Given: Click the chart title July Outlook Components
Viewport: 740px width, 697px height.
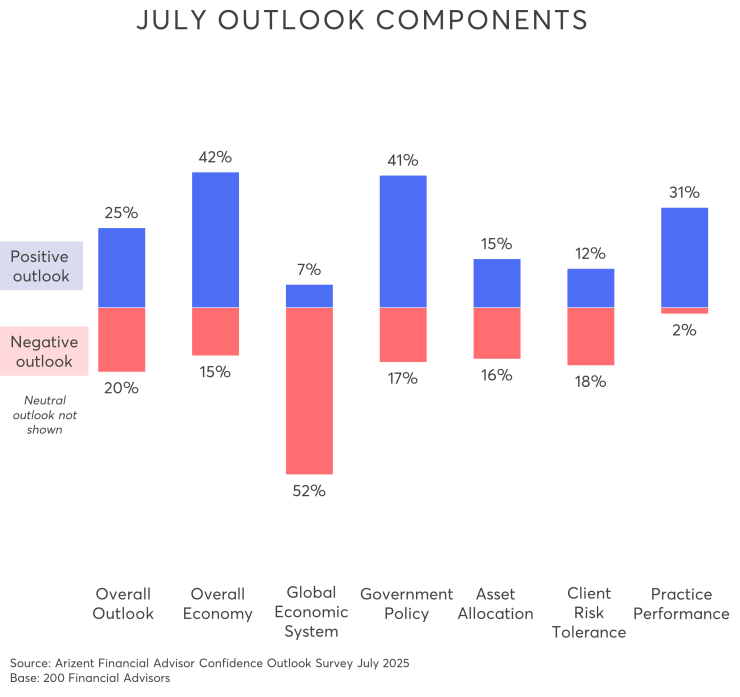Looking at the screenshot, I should (x=361, y=21).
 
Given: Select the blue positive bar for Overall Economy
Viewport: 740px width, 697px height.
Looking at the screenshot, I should (x=216, y=239).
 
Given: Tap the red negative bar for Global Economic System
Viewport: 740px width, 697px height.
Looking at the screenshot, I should (x=309, y=390).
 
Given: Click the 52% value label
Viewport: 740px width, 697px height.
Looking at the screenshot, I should (x=309, y=491).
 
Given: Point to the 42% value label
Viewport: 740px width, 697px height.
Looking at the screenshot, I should (x=216, y=157).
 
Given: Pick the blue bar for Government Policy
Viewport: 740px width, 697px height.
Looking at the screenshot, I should (x=403, y=241).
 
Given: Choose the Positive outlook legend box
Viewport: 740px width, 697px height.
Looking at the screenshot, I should (x=40, y=266).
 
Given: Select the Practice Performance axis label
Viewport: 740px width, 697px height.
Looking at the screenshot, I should (x=683, y=604).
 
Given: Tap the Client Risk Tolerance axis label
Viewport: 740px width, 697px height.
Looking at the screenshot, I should (x=589, y=612).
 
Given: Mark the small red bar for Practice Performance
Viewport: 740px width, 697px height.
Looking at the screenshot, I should (x=685, y=311).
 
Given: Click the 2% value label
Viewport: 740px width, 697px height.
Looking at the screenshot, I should (x=685, y=330).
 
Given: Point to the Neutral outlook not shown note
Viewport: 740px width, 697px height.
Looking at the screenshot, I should (x=43, y=415).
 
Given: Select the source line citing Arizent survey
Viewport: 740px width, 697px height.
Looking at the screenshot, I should (x=209, y=663).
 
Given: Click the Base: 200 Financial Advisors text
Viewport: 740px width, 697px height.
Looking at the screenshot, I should (x=90, y=678).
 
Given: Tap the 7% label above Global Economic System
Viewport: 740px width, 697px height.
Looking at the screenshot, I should (x=309, y=270).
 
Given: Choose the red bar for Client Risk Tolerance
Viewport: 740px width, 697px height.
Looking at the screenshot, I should (x=591, y=336).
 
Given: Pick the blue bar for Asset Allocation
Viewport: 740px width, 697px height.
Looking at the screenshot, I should (x=497, y=282).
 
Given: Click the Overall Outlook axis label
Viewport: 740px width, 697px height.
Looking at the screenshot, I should (x=123, y=604).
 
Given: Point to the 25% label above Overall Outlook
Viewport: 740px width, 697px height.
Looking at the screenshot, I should (x=122, y=213).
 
